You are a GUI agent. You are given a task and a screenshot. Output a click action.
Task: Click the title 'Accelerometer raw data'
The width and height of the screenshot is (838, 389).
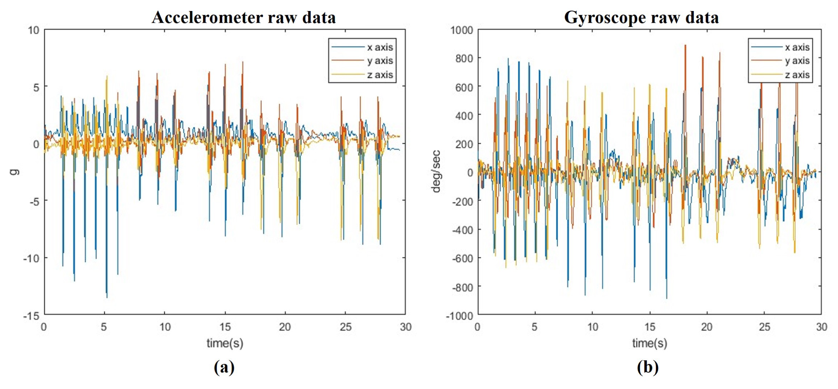(x=243, y=17)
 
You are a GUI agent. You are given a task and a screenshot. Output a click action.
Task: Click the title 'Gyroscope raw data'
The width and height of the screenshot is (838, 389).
(x=641, y=17)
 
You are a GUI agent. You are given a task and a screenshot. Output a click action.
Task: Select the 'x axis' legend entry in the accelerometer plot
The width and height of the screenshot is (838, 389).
(x=380, y=47)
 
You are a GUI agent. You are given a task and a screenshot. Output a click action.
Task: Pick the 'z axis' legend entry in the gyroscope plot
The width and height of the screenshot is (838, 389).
(x=797, y=75)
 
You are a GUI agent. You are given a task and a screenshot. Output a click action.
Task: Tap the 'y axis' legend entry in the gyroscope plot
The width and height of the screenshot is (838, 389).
(x=797, y=61)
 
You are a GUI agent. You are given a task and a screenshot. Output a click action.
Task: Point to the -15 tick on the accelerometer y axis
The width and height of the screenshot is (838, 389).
(x=31, y=316)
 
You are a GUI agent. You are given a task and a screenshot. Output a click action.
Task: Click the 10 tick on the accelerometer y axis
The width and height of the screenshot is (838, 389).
(x=33, y=31)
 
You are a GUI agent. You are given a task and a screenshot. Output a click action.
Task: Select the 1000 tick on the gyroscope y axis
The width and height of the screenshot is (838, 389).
(x=461, y=31)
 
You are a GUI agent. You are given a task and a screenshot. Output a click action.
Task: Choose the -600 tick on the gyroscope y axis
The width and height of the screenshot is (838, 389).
(x=462, y=258)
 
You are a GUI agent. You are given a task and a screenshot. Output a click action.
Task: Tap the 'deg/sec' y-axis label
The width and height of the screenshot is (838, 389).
(x=436, y=172)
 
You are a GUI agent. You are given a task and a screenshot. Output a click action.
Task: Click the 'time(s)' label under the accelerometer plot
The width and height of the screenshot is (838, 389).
(x=225, y=343)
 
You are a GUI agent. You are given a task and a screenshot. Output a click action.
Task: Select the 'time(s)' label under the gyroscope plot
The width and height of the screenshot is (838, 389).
(x=650, y=343)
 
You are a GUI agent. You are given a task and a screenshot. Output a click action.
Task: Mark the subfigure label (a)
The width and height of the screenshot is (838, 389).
(x=224, y=367)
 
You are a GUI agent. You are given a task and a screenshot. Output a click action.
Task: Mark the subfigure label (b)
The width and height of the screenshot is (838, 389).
(x=647, y=367)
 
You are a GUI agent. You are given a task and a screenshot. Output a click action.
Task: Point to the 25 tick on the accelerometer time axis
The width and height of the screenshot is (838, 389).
(x=345, y=327)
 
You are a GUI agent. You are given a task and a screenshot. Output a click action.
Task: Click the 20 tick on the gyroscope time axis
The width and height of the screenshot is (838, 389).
(x=706, y=327)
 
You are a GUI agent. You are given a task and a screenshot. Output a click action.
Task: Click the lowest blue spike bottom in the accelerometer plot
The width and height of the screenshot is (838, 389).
(x=107, y=297)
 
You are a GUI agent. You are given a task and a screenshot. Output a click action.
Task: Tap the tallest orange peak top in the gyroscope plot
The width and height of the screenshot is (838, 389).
(x=685, y=45)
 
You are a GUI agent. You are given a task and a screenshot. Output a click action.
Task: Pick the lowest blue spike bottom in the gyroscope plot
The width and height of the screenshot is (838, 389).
(x=667, y=298)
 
